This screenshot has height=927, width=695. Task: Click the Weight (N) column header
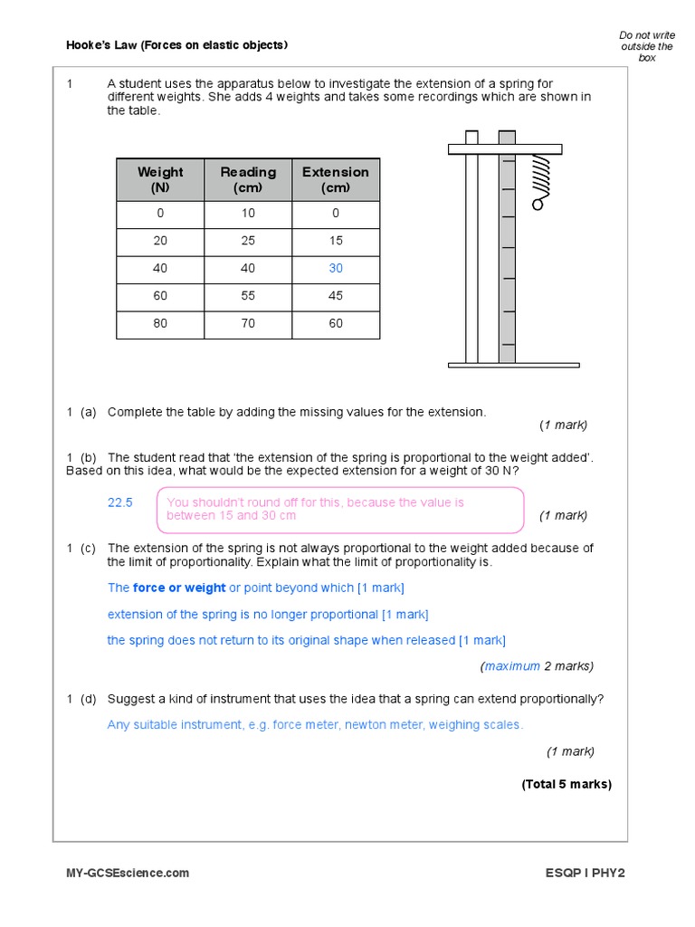[x=160, y=179]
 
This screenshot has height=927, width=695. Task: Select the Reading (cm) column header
[x=248, y=179]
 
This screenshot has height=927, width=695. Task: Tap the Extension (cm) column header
[x=336, y=179]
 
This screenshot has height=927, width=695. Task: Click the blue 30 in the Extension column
[x=336, y=268]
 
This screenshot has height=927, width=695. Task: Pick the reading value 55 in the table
[x=248, y=296]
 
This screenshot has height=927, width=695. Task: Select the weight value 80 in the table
[x=160, y=323]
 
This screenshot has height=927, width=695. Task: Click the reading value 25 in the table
[x=248, y=241]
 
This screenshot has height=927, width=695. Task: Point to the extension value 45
[x=336, y=296]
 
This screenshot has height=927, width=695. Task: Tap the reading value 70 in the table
[x=248, y=323]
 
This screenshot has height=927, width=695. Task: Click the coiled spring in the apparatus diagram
[x=541, y=174]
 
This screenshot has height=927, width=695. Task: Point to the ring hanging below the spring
[x=538, y=205]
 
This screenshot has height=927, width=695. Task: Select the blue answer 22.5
[x=120, y=502]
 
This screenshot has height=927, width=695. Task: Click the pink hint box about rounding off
[x=340, y=510]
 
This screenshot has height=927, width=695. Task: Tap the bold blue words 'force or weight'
[x=179, y=588]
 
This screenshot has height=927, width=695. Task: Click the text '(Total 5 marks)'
[x=566, y=784]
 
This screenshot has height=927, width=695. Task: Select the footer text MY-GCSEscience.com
[x=128, y=873]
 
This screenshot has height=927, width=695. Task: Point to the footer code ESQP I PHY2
[x=585, y=873]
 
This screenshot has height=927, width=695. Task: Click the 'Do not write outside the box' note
[x=647, y=46]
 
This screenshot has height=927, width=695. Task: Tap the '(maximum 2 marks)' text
[x=537, y=666]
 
